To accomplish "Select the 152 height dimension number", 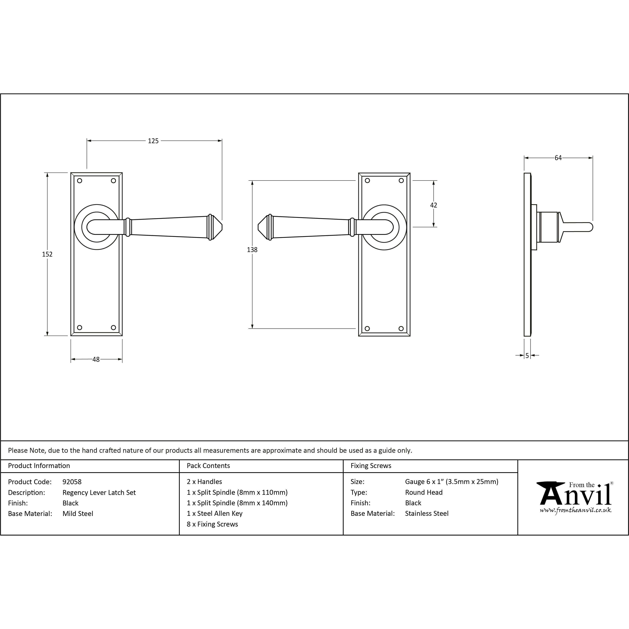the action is click(47, 254).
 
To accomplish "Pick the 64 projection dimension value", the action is click(558, 158).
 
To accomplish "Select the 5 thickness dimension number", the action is click(527, 356).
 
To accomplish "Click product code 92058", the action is click(72, 482).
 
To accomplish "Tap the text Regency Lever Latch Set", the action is click(99, 493).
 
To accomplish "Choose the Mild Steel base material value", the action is click(78, 514).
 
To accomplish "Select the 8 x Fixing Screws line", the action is click(212, 524).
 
